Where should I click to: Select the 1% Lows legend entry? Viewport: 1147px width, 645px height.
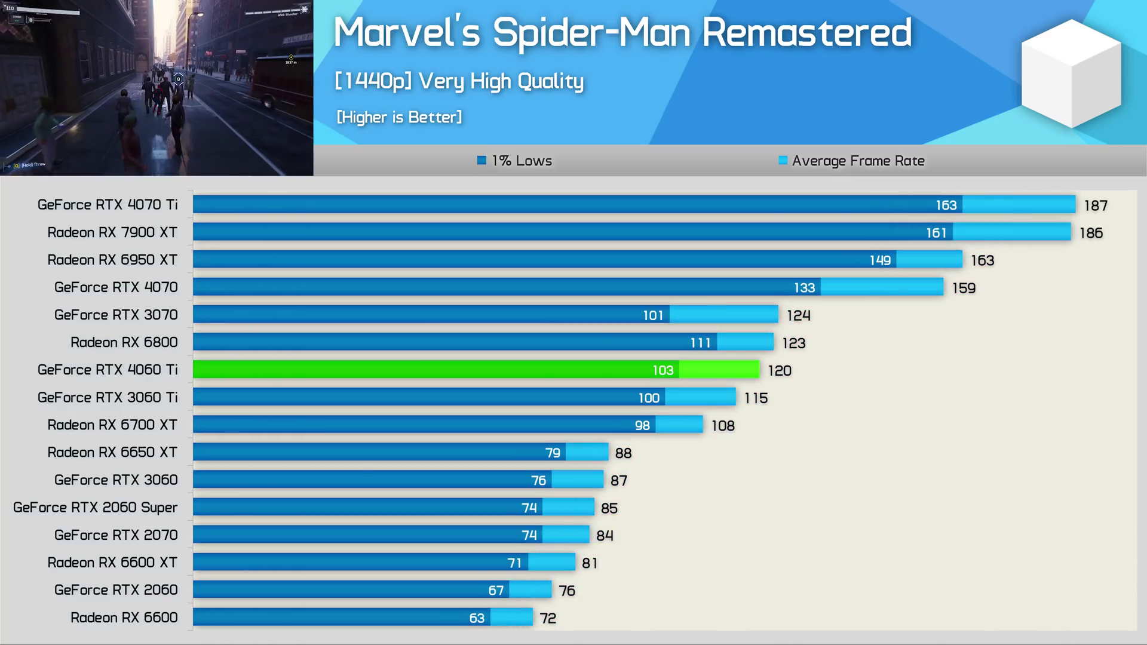coord(514,161)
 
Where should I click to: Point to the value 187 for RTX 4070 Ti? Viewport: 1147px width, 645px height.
coord(1096,205)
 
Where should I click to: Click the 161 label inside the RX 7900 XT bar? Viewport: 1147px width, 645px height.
coord(936,233)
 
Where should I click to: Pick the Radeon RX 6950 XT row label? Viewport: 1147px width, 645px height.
coord(112,260)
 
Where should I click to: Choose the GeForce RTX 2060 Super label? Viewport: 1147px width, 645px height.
coord(96,508)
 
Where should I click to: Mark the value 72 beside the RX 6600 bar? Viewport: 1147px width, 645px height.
coord(548,618)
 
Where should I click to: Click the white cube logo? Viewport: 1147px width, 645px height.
coord(1071,73)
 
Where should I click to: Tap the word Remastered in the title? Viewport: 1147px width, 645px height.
coord(806,32)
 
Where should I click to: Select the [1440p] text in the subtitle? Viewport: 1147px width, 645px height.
coord(373,81)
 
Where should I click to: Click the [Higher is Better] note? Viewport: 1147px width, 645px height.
coord(399,117)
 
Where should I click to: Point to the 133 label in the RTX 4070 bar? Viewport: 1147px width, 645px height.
coord(804,288)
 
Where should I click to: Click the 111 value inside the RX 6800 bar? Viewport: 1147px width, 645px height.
coord(700,343)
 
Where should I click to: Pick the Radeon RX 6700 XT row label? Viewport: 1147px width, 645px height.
coord(112,425)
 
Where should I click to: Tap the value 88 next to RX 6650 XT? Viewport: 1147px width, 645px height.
coord(623,453)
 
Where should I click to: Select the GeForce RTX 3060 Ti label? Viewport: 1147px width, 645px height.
coord(108,397)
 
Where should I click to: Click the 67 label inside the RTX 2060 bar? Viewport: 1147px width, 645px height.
coord(496,591)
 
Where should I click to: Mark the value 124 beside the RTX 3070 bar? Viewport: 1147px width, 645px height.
coord(798,315)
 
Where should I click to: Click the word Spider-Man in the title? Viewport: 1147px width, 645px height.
coord(591,32)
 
